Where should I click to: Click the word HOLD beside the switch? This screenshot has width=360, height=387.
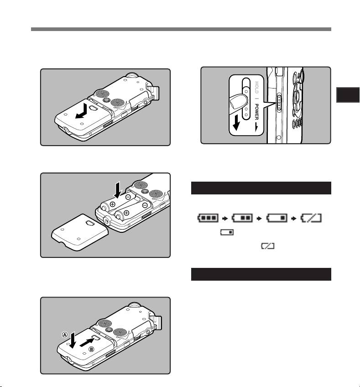point(256,87)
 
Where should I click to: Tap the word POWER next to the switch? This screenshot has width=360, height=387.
point(256,112)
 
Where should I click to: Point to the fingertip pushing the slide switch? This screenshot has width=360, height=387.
point(238,102)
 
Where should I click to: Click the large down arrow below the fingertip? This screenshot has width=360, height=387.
point(236,122)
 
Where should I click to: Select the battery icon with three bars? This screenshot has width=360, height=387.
point(208,218)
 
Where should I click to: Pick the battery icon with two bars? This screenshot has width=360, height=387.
point(242,218)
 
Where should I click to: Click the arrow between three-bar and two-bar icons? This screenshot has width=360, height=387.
point(225,219)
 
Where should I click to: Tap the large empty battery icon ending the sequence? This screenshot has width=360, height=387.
point(311,218)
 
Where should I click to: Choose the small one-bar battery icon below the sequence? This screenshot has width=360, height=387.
point(227,232)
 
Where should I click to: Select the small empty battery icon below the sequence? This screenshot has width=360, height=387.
point(268,246)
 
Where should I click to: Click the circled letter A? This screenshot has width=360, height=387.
point(65,335)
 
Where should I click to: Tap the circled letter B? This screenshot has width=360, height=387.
point(91,349)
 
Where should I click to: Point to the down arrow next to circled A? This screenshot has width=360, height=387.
point(72,340)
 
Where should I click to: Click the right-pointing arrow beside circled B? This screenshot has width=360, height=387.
point(87,342)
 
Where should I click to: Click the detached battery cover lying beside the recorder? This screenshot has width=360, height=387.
point(80,232)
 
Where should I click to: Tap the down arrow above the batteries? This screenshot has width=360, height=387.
point(118,189)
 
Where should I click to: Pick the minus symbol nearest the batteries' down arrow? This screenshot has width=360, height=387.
point(128,197)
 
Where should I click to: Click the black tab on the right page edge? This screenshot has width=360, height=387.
point(348,95)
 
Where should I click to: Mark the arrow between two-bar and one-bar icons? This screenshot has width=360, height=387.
point(259,219)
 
